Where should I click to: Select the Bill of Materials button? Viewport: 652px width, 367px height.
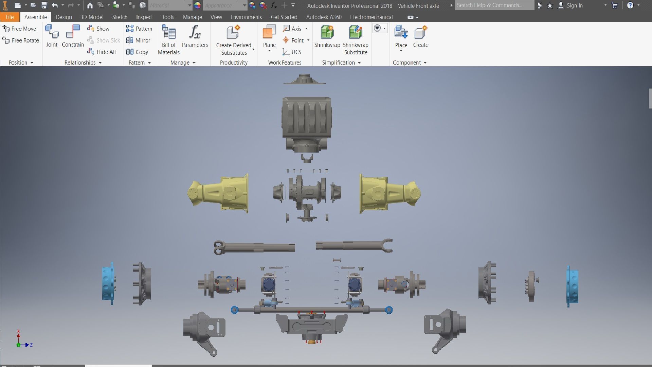(169, 33)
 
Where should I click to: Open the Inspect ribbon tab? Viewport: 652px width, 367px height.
(144, 17)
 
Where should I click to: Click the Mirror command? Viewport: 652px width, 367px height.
(138, 40)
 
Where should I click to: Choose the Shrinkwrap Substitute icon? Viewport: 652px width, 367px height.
(355, 33)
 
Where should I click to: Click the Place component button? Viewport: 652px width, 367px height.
(401, 33)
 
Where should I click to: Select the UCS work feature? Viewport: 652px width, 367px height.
(292, 52)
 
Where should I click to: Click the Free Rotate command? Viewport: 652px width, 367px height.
(21, 40)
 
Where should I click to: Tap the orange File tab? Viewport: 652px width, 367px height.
(10, 17)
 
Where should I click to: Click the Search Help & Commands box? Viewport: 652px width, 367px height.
(494, 5)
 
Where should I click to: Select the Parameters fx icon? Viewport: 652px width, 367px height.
(195, 33)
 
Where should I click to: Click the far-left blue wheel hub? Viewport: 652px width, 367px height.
(108, 284)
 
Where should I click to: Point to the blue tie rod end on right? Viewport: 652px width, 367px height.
(389, 310)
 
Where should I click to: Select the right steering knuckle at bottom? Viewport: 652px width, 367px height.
(445, 328)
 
